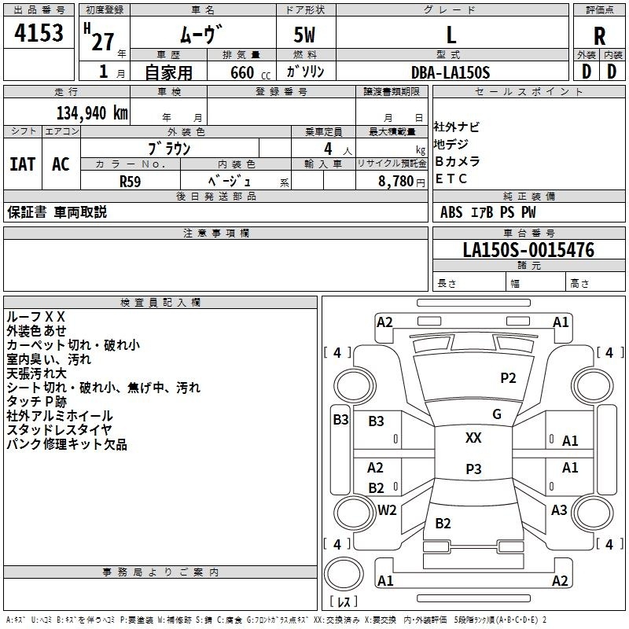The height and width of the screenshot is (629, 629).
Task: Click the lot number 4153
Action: pos(39,32)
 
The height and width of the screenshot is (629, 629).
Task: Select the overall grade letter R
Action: pos(599,36)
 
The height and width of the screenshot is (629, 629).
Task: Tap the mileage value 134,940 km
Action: pos(92,113)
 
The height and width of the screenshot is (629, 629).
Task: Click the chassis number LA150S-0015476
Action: pos(528,249)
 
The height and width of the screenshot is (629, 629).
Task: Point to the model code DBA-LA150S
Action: pos(451,72)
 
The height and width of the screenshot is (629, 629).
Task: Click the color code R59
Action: pos(131,182)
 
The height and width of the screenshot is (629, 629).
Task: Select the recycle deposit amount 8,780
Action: pos(395,182)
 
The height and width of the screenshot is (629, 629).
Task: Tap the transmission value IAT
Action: pos(23,164)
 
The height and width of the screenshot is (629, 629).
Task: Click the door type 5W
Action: pos(304,35)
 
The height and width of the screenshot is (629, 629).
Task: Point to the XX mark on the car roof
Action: pos(473,437)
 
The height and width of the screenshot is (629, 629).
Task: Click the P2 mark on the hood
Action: pos(508,378)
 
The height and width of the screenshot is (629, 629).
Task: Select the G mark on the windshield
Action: pos(497,414)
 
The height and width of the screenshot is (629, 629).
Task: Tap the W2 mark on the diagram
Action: pos(387,509)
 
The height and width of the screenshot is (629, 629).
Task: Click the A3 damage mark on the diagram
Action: pos(559,509)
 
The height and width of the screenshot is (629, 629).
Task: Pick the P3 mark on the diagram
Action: pos(473,469)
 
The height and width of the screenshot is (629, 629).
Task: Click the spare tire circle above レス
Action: pos(344,573)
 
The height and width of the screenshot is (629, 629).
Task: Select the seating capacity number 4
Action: pos(328,149)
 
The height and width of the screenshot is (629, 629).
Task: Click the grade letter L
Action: pos(451,35)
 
